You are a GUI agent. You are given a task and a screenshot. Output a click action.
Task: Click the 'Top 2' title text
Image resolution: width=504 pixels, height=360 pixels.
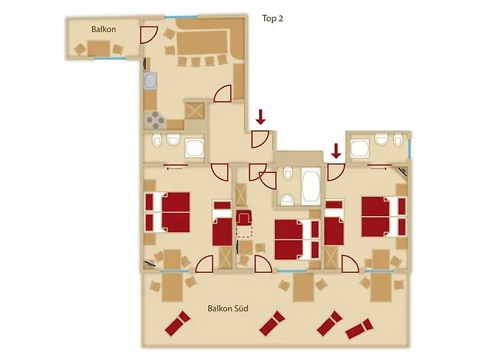click(273, 19)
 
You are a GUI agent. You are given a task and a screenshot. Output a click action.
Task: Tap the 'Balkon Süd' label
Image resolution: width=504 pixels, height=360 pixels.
click(228, 309)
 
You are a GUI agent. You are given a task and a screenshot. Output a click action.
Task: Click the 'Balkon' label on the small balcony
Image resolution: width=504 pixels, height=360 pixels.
click(104, 30)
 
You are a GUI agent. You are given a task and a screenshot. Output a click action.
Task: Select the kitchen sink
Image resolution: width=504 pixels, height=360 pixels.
click(150, 81)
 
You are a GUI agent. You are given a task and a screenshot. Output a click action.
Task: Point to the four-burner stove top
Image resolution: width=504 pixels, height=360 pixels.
click(156, 120)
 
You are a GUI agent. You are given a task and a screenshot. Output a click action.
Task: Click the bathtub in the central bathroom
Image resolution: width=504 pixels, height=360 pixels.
click(311, 186)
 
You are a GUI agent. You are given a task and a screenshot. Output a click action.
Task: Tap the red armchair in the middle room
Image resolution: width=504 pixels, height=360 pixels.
click(244, 217)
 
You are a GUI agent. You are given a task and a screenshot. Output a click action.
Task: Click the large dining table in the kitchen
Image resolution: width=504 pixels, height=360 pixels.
click(201, 42)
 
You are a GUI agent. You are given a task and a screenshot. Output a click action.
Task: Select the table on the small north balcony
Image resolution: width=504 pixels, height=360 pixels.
click(99, 48)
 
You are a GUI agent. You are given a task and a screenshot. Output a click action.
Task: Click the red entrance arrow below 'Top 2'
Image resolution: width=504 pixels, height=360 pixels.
click(261, 117)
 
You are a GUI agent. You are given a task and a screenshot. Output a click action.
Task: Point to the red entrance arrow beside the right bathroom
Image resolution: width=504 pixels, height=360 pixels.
click(336, 151)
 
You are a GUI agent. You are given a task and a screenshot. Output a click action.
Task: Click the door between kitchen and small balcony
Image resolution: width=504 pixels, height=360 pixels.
click(148, 35)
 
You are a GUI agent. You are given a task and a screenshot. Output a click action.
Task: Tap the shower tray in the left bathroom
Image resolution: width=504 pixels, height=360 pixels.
click(194, 148)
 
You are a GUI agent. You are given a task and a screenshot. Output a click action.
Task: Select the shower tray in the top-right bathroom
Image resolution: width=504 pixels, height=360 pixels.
click(360, 148)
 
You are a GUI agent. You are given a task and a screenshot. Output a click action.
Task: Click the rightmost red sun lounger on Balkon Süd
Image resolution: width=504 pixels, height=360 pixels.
click(359, 329)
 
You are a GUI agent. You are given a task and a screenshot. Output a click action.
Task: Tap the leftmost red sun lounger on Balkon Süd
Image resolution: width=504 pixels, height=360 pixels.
click(177, 323)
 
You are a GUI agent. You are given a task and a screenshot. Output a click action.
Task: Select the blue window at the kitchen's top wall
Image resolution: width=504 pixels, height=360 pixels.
click(181, 17)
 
